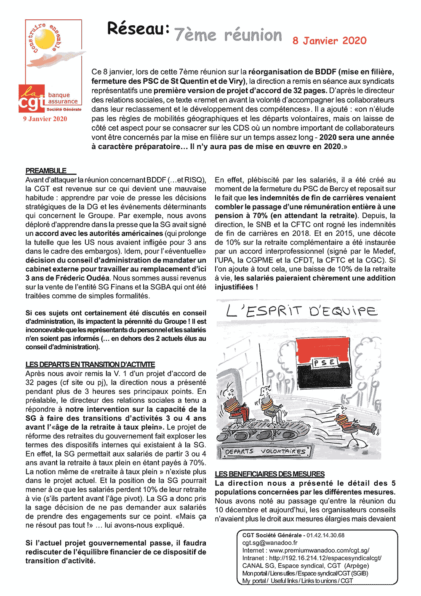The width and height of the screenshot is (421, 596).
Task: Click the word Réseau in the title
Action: (x=138, y=29)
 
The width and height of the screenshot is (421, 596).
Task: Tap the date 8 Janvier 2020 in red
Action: (x=330, y=41)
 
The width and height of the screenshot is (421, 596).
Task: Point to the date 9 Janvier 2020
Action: (x=45, y=119)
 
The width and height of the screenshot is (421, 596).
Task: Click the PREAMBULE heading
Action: (x=46, y=171)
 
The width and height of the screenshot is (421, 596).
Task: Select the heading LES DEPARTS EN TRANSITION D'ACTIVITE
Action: (x=90, y=364)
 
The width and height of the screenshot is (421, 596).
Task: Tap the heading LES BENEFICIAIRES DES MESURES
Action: (x=269, y=474)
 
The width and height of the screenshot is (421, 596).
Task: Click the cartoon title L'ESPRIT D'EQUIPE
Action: (x=301, y=311)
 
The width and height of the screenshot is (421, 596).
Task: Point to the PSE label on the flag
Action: (x=324, y=362)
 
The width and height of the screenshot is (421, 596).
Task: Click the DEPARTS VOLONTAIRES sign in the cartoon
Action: (x=265, y=452)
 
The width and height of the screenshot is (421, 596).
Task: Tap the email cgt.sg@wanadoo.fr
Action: (x=270, y=543)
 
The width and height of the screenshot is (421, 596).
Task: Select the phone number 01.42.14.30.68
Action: (x=325, y=535)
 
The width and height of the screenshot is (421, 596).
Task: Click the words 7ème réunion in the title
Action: (x=228, y=35)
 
